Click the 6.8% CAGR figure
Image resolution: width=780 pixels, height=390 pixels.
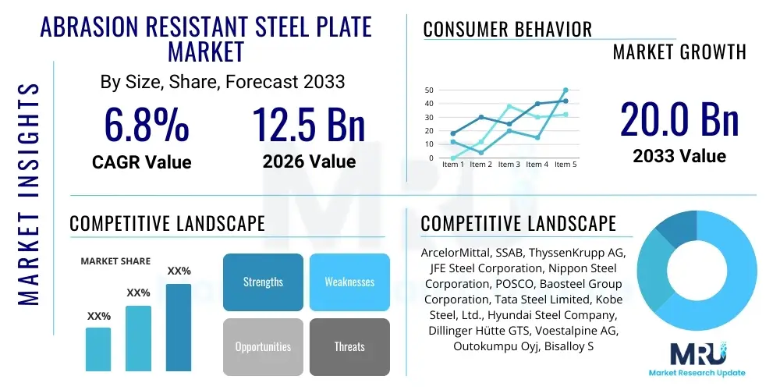(146, 125)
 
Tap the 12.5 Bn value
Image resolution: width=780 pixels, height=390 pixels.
(309, 125)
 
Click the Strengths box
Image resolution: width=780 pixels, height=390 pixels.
(263, 282)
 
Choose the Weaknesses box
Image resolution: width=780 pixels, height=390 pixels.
(349, 282)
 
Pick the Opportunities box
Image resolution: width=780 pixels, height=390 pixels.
(263, 346)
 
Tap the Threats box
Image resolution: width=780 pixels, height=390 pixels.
(349, 346)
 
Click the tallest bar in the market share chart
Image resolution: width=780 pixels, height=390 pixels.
(179, 327)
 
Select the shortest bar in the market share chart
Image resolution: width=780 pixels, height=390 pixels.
(98, 349)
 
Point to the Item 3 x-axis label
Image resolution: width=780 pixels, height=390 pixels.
(509, 165)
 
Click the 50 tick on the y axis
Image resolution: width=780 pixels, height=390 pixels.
(428, 90)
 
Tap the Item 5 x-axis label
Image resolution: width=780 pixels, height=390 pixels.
(563, 165)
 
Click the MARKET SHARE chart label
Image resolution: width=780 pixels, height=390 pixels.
(115, 261)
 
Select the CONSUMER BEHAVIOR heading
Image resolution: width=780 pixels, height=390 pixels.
(507, 30)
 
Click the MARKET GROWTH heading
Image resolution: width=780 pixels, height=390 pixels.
(679, 52)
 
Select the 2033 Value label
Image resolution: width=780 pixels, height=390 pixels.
(679, 155)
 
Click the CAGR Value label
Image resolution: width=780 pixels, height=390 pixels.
(141, 161)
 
